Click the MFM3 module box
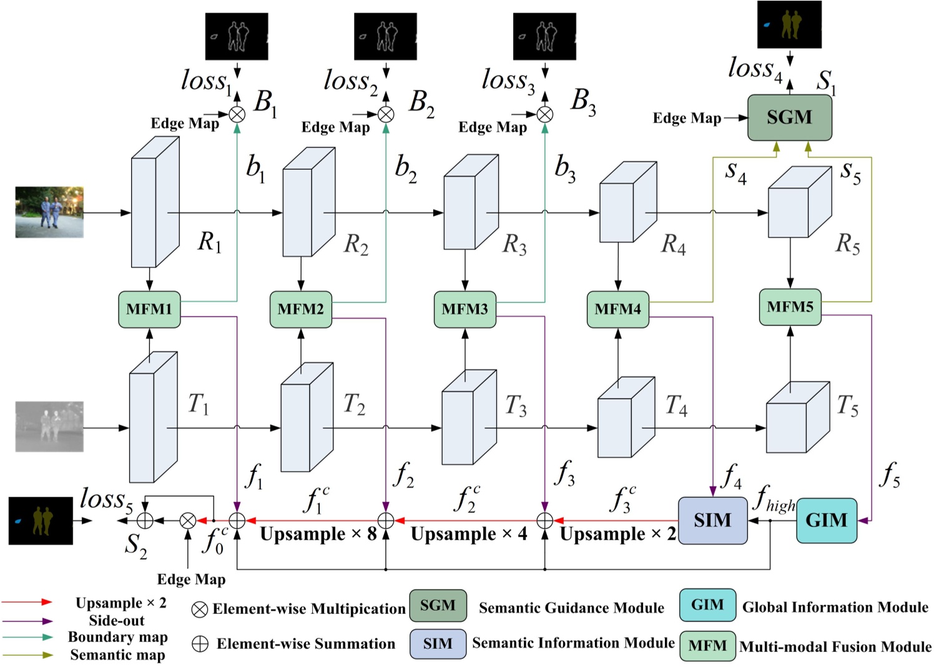coord(465,309)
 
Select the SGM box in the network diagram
coord(789,117)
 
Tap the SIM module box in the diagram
coord(712,520)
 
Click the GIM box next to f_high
coord(826,520)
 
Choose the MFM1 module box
coord(149,309)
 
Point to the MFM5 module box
coord(790,307)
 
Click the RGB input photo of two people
coord(49,212)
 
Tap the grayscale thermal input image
coord(49,427)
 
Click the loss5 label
coord(106,500)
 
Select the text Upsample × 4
coord(468,534)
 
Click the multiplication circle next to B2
coord(386,114)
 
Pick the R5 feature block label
coord(847,244)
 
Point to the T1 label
coord(199,405)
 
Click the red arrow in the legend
coord(28,602)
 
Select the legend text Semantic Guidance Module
coord(571,608)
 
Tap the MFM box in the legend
coord(707,646)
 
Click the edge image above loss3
coord(544,37)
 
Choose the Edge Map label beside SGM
coord(687,118)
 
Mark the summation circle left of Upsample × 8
coord(237,520)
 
